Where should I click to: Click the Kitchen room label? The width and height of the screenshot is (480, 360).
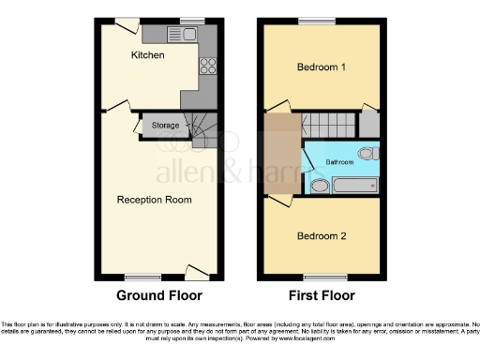pyautogui.click(x=147, y=56)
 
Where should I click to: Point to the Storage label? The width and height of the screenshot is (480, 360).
pyautogui.click(x=165, y=125)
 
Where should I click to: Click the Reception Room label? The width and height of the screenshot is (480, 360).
pyautogui.click(x=154, y=200)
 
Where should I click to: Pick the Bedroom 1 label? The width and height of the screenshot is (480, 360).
pyautogui.click(x=322, y=67)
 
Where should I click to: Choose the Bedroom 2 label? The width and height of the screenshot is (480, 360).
pyautogui.click(x=322, y=235)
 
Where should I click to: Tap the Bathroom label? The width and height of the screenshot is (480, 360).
pyautogui.click(x=339, y=161)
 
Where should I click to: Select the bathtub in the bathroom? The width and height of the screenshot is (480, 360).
pyautogui.click(x=354, y=186)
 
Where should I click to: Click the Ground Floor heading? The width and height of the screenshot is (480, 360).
pyautogui.click(x=159, y=296)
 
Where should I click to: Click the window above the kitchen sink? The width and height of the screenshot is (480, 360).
pyautogui.click(x=192, y=21)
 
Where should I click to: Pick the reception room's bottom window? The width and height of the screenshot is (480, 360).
pyautogui.click(x=142, y=277)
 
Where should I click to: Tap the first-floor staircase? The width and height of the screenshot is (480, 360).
pyautogui.click(x=327, y=125)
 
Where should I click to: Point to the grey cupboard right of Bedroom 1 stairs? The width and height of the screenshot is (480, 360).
pyautogui.click(x=369, y=125)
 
